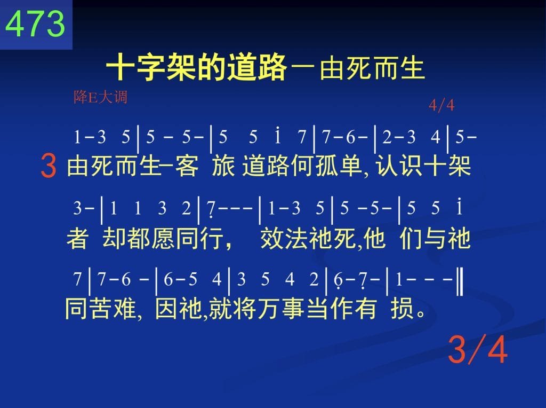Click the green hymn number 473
point(35,23)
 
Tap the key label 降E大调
point(100,97)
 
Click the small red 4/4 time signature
point(441,105)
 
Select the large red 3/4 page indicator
point(477,349)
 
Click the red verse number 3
point(49,166)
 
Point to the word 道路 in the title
point(257,67)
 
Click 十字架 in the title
point(151,67)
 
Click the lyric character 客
point(187,166)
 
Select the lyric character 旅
point(223,166)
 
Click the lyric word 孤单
point(339,166)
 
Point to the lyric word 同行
point(199,239)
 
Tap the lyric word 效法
point(284,239)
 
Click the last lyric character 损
point(402,308)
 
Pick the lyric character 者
point(77,239)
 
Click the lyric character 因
point(167,308)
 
